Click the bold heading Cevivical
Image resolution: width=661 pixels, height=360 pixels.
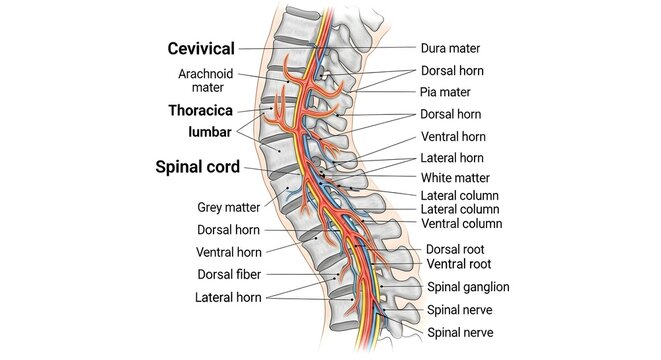click(201, 48)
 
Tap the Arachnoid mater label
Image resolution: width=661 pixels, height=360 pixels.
click(207, 80)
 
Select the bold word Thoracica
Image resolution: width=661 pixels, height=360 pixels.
click(201, 110)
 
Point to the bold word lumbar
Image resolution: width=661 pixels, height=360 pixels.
click(209, 132)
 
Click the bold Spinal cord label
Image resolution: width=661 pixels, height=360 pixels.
click(197, 167)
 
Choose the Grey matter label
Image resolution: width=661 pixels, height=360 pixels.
click(228, 208)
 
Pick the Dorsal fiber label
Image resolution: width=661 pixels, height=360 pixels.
click(229, 274)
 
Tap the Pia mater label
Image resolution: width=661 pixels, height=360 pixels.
click(453, 92)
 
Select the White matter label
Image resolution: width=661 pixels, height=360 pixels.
click(460, 177)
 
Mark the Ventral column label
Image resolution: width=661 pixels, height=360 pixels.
click(460, 223)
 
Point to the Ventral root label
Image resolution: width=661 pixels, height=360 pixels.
click(459, 264)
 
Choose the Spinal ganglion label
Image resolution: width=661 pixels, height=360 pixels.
click(468, 287)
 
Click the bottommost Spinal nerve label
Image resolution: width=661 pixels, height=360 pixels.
click(460, 331)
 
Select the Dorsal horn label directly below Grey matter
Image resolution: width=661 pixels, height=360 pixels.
click(229, 229)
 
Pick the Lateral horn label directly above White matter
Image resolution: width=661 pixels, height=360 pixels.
click(453, 158)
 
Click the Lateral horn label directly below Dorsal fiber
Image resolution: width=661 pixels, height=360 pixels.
click(228, 297)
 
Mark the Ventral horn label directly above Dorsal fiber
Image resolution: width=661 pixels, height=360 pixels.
click(229, 252)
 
